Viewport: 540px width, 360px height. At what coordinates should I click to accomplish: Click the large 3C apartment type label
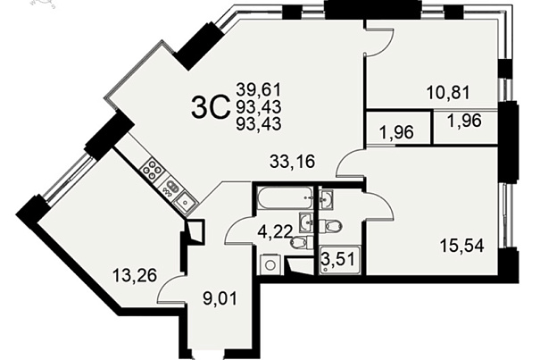coord(210,107)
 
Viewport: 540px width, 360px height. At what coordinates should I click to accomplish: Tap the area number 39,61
coord(259,90)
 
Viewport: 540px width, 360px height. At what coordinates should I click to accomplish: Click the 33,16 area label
coord(292,162)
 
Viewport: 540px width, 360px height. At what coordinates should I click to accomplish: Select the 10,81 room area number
coord(448,92)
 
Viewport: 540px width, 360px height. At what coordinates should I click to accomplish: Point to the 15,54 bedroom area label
coord(461,246)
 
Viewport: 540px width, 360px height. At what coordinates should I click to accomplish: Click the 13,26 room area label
coord(135,275)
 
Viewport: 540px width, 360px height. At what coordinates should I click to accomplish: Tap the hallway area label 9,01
coord(220,298)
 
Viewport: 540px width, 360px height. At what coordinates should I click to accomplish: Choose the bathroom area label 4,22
coord(275,230)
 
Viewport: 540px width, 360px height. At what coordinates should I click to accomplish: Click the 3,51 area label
coord(337,259)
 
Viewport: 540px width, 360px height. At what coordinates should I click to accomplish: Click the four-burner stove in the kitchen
coord(153,171)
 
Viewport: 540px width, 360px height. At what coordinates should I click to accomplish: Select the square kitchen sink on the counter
coord(185,201)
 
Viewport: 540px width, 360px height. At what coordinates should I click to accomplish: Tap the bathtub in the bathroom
coord(285,197)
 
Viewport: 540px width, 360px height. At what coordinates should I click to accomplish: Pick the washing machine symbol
coord(270,264)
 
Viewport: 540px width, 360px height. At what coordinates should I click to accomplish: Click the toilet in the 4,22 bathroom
coord(302,242)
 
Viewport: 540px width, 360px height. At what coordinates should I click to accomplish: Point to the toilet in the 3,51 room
coord(330,226)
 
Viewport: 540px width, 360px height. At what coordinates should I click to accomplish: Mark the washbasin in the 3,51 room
coord(326,199)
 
